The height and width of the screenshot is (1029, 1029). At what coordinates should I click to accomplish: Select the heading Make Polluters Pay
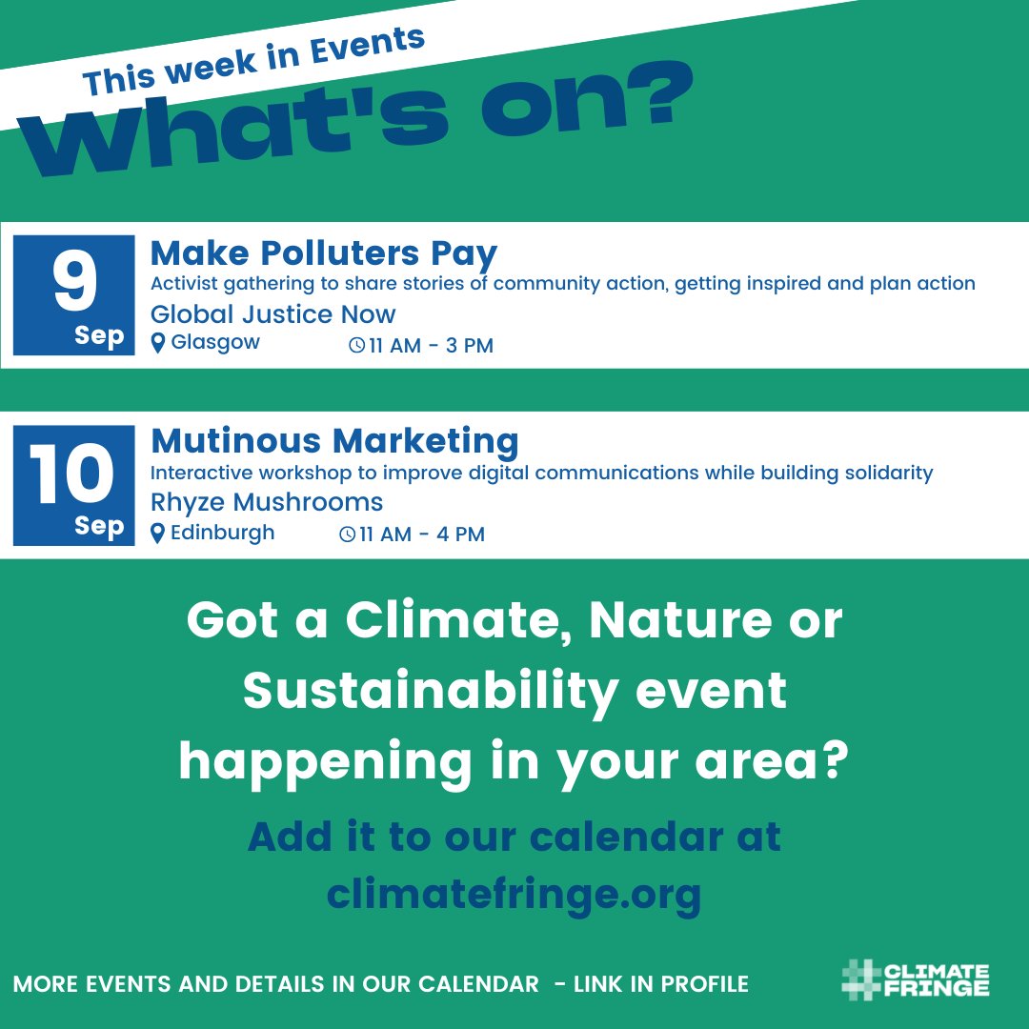pyautogui.click(x=324, y=254)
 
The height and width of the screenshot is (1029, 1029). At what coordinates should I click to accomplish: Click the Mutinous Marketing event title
pyautogui.click(x=334, y=441)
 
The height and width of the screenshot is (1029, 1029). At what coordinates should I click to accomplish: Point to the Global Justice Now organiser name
pyautogui.click(x=273, y=313)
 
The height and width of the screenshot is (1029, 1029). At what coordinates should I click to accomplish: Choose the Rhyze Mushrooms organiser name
pyautogui.click(x=267, y=502)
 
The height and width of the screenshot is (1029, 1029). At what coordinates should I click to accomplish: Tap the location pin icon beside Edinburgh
pyautogui.click(x=158, y=534)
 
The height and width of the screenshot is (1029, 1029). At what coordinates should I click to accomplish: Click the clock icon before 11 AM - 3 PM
pyautogui.click(x=356, y=346)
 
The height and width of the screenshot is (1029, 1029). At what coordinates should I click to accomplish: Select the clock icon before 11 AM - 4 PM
pyautogui.click(x=348, y=535)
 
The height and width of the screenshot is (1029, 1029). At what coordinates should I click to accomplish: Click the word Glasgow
pyautogui.click(x=215, y=343)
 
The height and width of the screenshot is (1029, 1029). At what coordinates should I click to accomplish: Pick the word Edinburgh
pyautogui.click(x=222, y=533)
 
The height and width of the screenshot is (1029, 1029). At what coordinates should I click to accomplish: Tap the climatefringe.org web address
pyautogui.click(x=514, y=894)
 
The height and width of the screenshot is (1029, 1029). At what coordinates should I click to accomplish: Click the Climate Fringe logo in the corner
pyautogui.click(x=916, y=980)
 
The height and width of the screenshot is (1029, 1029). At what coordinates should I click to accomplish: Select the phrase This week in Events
pyautogui.click(x=253, y=63)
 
